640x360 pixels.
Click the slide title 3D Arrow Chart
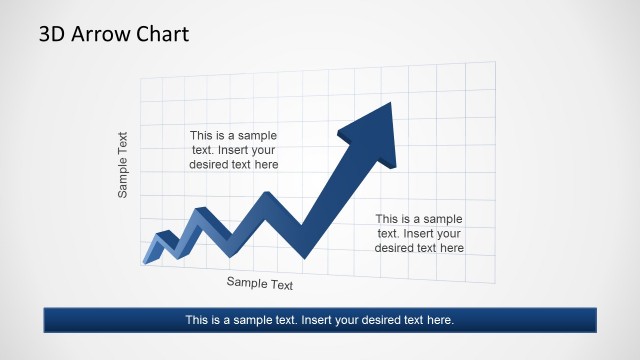point(114,34)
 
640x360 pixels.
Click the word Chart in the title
point(162,34)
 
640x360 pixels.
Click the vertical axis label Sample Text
point(123,164)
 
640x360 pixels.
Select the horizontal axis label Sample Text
point(260,284)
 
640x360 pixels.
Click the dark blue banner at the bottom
point(319,320)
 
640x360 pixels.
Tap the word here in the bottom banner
point(438,320)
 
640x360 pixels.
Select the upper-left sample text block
point(234,150)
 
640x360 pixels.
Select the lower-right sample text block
point(419,233)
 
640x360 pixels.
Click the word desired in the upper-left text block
point(210,164)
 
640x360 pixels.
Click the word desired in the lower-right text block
point(396,247)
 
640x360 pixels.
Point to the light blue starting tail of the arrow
point(151,258)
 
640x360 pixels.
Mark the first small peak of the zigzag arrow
point(163,237)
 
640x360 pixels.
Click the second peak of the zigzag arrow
point(201,211)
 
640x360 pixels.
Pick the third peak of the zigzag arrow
point(267,195)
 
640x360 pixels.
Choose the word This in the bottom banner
point(198,320)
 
